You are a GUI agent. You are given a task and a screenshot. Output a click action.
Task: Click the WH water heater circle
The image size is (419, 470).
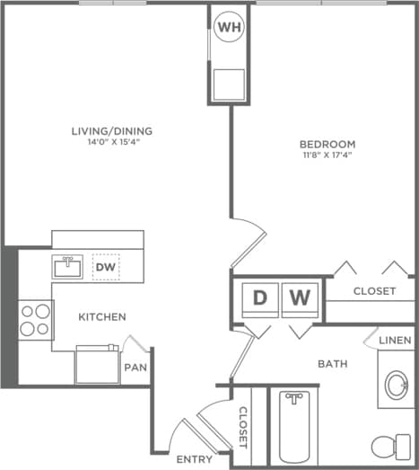[x=230, y=28]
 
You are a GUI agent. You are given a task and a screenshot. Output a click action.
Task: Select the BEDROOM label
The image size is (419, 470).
[x=327, y=144]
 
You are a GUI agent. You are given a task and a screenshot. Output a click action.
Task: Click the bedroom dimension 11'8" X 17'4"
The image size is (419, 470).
[x=327, y=155]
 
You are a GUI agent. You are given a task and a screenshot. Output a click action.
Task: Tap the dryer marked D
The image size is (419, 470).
[x=258, y=297]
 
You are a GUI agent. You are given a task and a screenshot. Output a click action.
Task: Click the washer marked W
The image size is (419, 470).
[x=300, y=297]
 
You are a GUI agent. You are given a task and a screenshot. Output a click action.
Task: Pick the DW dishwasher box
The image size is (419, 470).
[x=105, y=267]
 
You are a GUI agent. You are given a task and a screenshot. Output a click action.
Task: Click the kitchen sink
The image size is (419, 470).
[x=67, y=266]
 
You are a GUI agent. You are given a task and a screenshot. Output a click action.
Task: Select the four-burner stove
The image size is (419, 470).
[x=35, y=318]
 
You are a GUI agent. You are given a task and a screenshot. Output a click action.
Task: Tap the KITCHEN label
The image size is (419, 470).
[x=101, y=317]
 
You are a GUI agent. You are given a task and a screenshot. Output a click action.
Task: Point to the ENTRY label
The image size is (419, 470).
[x=194, y=459]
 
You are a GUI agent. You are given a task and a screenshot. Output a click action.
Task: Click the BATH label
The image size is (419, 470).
[x=330, y=364]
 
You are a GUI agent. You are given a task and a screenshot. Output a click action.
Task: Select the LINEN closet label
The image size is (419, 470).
[x=396, y=341]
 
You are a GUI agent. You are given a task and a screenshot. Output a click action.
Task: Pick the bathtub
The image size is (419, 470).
[x=292, y=427]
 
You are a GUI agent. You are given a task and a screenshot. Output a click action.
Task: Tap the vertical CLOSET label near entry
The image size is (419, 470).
[x=242, y=427]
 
